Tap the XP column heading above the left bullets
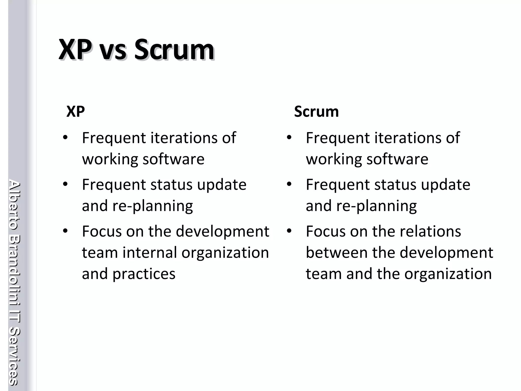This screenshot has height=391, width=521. coord(76,111)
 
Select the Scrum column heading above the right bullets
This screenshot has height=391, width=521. coord(316,111)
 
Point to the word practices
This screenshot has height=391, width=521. coord(144,274)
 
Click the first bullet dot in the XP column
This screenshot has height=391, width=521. coord(65,138)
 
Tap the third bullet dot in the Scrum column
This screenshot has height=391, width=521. coord(289,231)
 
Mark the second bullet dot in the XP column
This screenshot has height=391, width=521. coord(65,184)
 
